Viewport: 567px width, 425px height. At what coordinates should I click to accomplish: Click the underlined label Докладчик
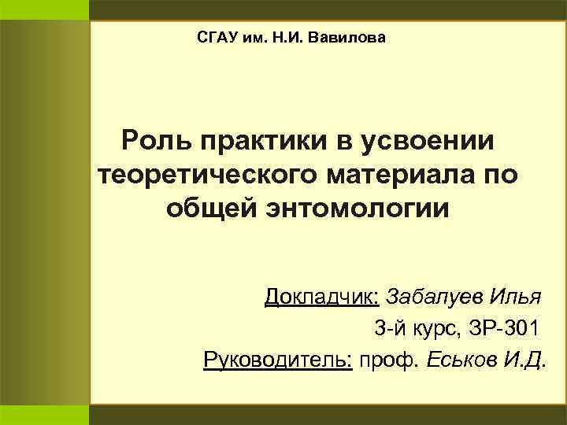coord(322,297)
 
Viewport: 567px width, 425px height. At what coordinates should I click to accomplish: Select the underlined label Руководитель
coord(277,360)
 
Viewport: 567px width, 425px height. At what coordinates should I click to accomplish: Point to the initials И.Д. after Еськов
coord(523,360)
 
